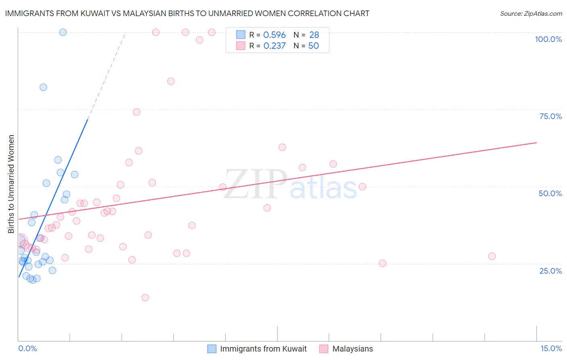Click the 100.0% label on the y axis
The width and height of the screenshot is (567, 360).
[548, 39]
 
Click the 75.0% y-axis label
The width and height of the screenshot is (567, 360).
[550, 116]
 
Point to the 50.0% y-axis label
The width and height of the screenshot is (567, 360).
[550, 193]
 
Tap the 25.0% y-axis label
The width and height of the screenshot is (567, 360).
[550, 271]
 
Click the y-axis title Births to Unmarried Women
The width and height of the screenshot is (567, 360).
[11, 184]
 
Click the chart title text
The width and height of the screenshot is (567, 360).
[187, 13]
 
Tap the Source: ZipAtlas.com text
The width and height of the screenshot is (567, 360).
[531, 14]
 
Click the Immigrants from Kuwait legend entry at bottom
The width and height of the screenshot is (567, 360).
[263, 349]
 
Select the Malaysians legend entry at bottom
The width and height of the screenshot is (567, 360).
[352, 349]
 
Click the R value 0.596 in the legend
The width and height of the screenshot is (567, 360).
[274, 35]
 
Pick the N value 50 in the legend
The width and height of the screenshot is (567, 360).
[313, 46]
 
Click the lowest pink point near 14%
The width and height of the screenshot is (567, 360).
[145, 298]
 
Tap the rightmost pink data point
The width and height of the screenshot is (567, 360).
[492, 256]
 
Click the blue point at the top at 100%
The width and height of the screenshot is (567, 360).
[63, 32]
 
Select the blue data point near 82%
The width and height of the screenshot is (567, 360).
[43, 87]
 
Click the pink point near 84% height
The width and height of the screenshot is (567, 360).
[171, 81]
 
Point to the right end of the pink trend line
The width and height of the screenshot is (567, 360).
[536, 142]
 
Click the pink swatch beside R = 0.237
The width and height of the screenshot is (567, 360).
[241, 46]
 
